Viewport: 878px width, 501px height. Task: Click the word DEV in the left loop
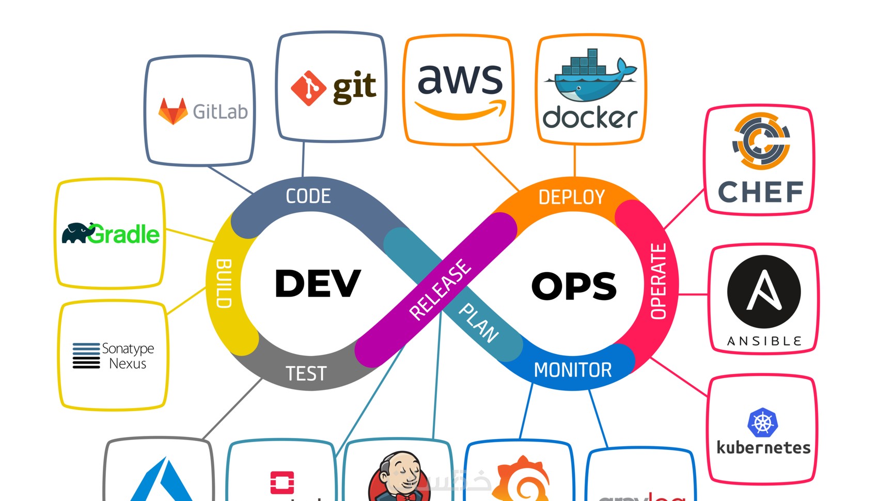point(318,284)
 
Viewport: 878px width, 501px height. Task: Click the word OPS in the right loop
point(574,286)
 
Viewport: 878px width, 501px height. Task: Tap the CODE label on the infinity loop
point(308,196)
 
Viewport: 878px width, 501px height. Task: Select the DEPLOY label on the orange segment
point(571,197)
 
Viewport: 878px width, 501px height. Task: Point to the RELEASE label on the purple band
point(440,289)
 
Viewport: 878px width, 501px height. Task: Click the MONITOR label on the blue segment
point(573,370)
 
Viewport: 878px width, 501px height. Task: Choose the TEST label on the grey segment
point(306,373)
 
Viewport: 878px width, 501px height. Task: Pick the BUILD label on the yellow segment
point(223,284)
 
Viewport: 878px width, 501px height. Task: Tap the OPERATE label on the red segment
point(658,281)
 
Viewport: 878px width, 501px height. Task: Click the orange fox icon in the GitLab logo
point(173,111)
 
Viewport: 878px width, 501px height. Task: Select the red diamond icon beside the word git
point(308,88)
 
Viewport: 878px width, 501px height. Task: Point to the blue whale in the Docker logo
point(589,83)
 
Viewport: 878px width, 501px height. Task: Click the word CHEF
point(761,192)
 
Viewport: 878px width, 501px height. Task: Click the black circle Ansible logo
point(764,292)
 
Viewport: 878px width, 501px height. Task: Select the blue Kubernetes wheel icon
point(762,423)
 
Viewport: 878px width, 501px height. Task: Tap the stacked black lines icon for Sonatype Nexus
point(86,355)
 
